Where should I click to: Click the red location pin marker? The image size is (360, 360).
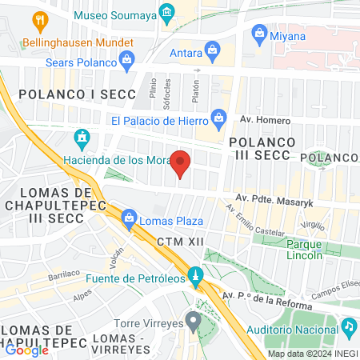click(181, 163)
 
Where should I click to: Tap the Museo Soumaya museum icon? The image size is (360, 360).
click(166, 13)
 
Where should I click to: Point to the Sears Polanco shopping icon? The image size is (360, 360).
click(126, 58)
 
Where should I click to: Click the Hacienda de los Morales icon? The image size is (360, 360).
click(80, 138)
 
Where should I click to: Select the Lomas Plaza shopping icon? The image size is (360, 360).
click(128, 216)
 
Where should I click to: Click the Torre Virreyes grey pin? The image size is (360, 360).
click(192, 321)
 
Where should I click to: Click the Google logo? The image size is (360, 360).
click(26, 350)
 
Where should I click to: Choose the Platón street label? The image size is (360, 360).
click(194, 82)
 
